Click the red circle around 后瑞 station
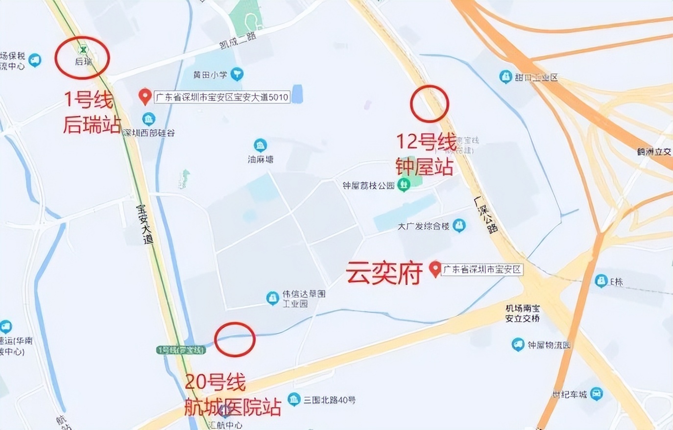coord(82,57)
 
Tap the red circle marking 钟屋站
coord(429,103)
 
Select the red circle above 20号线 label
coord(235,339)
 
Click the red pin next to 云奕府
coord(434,269)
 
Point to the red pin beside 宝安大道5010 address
coord(144,96)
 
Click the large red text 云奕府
coord(385,273)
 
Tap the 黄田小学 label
coord(210,75)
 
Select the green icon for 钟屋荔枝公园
coord(404,185)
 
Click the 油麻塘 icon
coord(260,145)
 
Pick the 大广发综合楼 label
coord(423,226)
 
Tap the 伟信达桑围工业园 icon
coord(272,298)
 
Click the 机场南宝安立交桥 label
coord(523,313)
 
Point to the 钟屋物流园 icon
coord(518,345)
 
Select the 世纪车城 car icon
coord(596,394)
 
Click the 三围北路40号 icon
coord(294,400)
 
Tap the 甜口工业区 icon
coord(505,77)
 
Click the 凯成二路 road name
coord(238,40)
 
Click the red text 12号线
coord(426,142)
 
